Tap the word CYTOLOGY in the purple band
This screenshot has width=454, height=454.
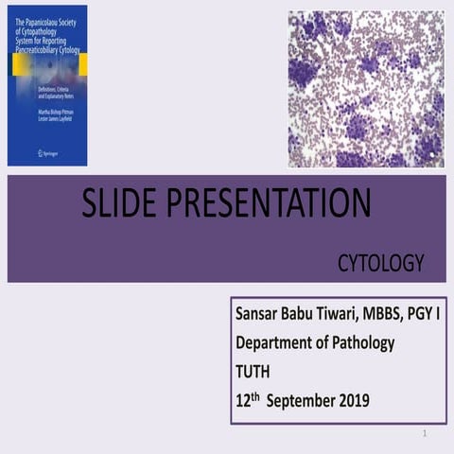click(x=381, y=264)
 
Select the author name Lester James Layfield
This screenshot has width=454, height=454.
click(x=47, y=122)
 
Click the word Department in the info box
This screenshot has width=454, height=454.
click(x=276, y=343)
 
